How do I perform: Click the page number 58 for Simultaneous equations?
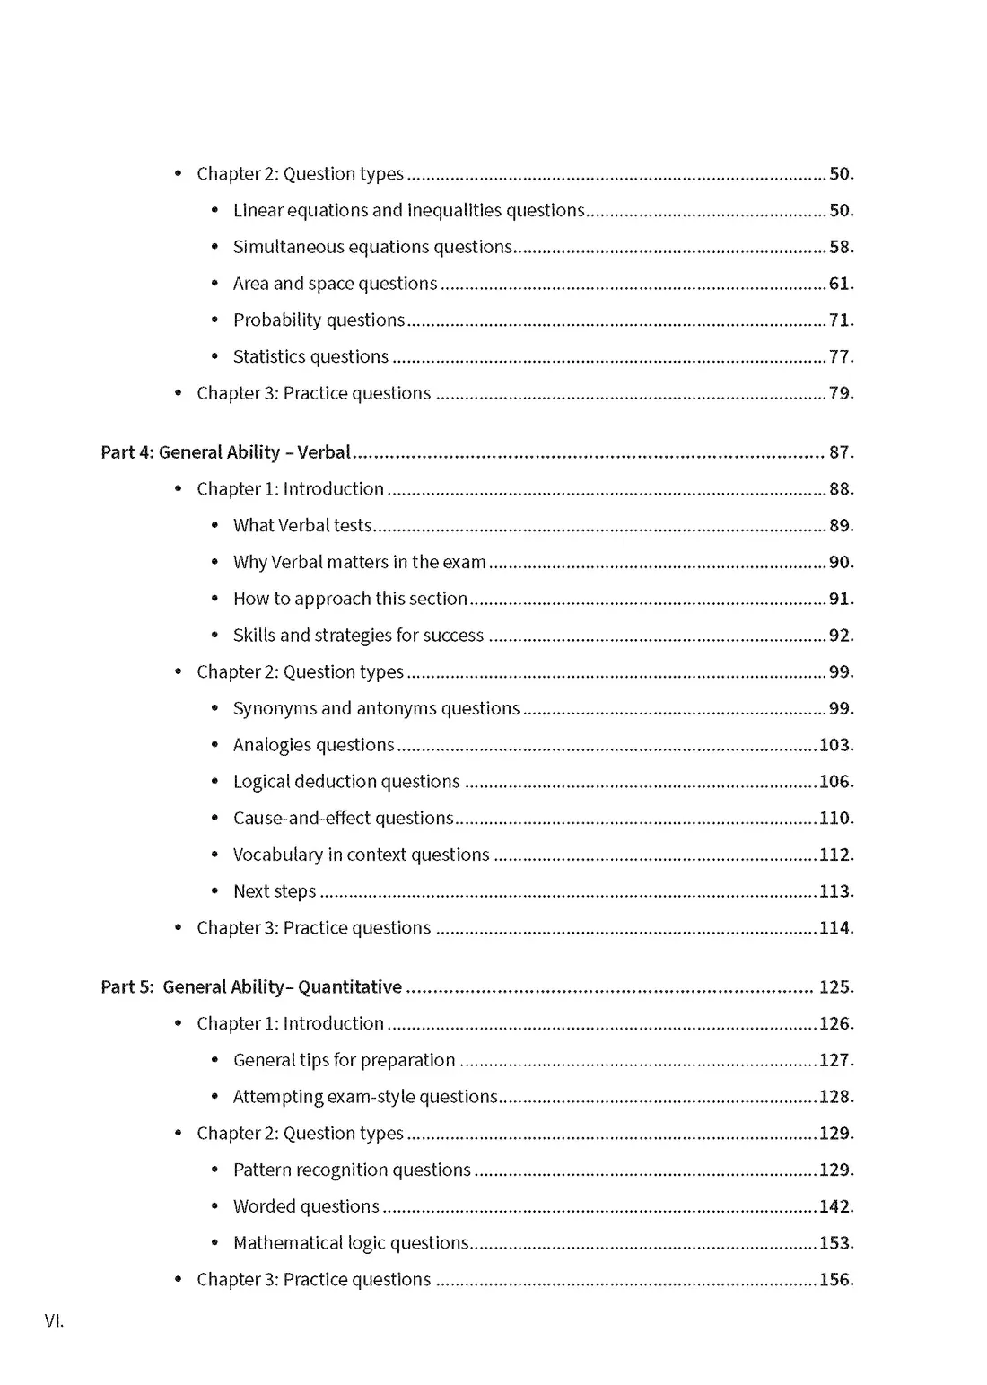pyautogui.click(x=841, y=247)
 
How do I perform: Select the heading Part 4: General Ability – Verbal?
pyautogui.click(x=225, y=452)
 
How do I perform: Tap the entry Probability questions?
pyautogui.click(x=319, y=320)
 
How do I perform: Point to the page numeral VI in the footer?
pyautogui.click(x=54, y=1320)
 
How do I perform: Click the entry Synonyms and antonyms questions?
pyautogui.click(x=376, y=708)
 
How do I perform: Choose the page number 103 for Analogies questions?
pyautogui.click(x=835, y=745)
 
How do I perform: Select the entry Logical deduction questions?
pyautogui.click(x=346, y=782)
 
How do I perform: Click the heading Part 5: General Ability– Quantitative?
pyautogui.click(x=251, y=987)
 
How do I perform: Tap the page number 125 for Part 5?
pyautogui.click(x=835, y=987)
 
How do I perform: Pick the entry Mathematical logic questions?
pyautogui.click(x=351, y=1243)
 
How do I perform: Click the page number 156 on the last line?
pyautogui.click(x=835, y=1280)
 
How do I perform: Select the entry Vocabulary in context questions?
pyautogui.click(x=361, y=855)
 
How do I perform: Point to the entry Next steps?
pyautogui.click(x=275, y=891)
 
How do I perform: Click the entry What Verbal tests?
pyautogui.click(x=302, y=526)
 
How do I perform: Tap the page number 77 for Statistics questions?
pyautogui.click(x=841, y=357)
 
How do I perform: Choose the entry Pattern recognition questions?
pyautogui.click(x=352, y=1170)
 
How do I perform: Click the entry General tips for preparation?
pyautogui.click(x=344, y=1060)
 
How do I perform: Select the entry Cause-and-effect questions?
pyautogui.click(x=343, y=819)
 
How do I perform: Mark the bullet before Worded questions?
pyautogui.click(x=214, y=1207)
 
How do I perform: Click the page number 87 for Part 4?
pyautogui.click(x=841, y=452)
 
